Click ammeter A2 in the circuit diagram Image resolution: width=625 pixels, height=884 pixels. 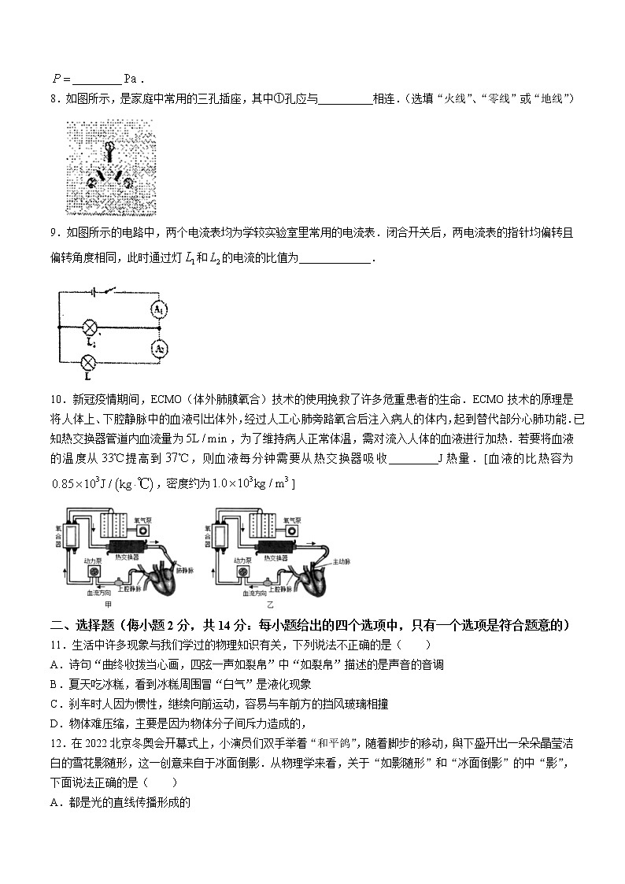point(159,349)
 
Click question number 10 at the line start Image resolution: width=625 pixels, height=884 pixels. point(57,399)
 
